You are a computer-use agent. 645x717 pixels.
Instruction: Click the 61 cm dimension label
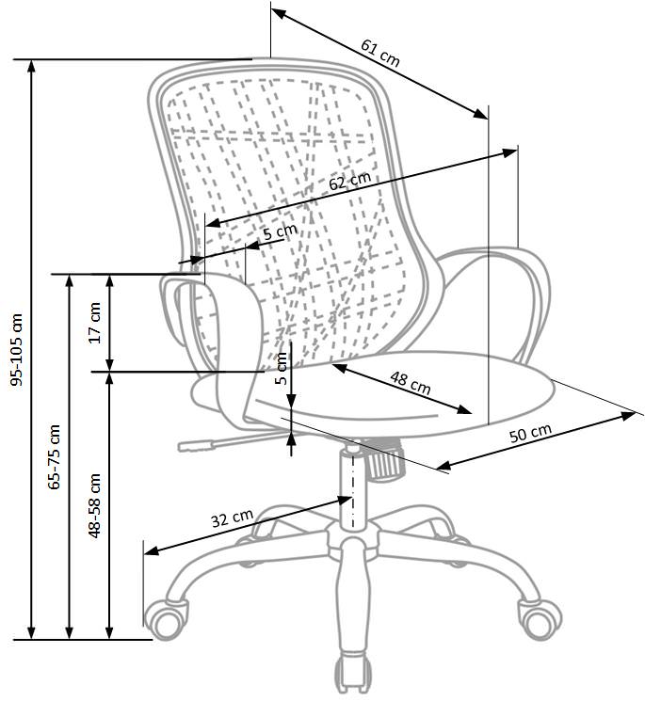click(380, 53)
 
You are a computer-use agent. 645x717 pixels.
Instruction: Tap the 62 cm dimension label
click(349, 181)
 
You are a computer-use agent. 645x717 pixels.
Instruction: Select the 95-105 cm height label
click(17, 350)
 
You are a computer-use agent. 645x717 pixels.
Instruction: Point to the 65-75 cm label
click(55, 456)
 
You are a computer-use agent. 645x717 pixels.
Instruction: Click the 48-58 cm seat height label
click(94, 505)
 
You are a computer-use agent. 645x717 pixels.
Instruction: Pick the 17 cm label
click(95, 323)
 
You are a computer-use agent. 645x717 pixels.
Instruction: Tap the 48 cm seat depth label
click(411, 383)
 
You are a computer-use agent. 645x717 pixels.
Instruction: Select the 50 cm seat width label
click(531, 433)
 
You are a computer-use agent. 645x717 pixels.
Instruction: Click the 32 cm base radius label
click(232, 518)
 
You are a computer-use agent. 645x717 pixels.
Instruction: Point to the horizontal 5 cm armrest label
click(280, 231)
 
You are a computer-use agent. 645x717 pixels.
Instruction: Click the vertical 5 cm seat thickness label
click(282, 369)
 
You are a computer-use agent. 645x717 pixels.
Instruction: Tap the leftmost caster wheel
click(166, 619)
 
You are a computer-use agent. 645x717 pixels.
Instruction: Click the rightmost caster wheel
click(540, 619)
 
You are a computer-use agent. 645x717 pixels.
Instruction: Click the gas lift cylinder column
click(353, 488)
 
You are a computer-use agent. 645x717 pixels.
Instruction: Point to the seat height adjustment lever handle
click(196, 445)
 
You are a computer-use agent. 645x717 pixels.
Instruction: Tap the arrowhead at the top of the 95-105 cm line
click(31, 67)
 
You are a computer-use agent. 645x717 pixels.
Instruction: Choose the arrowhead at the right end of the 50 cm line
click(628, 416)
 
